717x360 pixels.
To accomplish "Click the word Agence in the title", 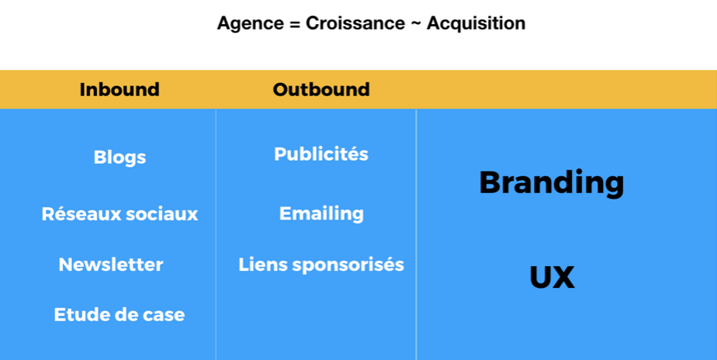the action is [250, 24].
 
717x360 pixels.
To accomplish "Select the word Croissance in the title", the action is [355, 22].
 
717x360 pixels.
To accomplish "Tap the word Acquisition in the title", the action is [476, 24].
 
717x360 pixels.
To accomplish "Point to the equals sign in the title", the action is [294, 24].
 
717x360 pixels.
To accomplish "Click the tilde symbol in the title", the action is [416, 24].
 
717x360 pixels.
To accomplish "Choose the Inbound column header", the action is [119, 89].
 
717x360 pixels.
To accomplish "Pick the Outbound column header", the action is [321, 89].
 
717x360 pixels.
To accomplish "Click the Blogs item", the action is [119, 157].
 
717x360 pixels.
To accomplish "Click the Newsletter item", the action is [111, 265].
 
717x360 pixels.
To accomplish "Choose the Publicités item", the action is [321, 154].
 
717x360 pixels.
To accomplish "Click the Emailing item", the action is [321, 214].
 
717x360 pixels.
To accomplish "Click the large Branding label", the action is [552, 183].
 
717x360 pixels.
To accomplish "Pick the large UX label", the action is [552, 277].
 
